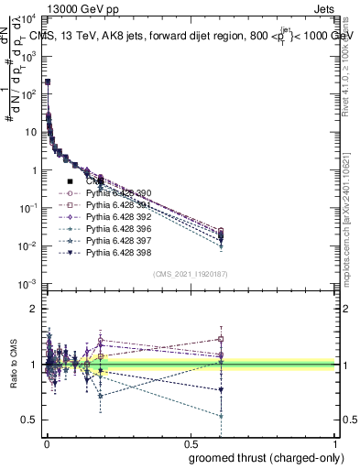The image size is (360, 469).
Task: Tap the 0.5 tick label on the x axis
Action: [x=191, y=443]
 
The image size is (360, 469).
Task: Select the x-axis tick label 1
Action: [x=336, y=443]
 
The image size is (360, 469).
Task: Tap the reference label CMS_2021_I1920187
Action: [x=191, y=273]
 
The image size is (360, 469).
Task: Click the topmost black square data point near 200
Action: [x=48, y=82]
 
